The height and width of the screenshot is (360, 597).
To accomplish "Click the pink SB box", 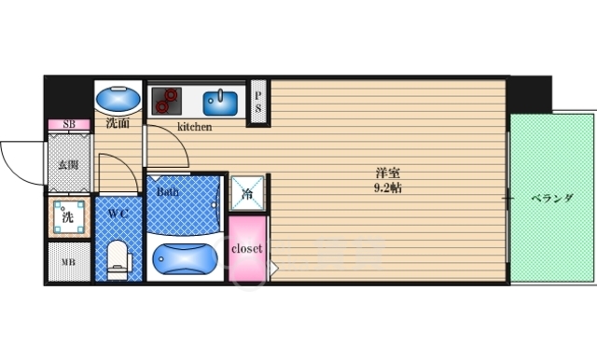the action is [69, 124].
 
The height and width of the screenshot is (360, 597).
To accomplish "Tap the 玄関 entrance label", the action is [68, 165].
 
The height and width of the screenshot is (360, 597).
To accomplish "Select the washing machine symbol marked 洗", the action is [69, 217].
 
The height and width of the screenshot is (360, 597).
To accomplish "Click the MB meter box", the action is [69, 262].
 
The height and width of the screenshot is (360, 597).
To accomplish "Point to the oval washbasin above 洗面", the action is [118, 100].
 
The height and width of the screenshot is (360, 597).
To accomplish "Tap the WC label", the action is [118, 214].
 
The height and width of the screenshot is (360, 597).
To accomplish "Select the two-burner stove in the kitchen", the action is [166, 101].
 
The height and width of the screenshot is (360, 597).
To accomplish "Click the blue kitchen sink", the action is [220, 103].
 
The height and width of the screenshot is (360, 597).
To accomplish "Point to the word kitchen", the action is [195, 127].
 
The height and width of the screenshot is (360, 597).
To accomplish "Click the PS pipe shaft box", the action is [258, 102].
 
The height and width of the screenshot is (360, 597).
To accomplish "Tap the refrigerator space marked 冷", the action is [247, 193].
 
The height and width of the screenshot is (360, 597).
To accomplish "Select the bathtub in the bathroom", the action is [185, 258].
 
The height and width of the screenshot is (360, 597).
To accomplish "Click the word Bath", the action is [168, 191].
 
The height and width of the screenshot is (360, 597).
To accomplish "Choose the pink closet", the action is [247, 249].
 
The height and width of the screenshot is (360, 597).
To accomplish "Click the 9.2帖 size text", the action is [388, 188].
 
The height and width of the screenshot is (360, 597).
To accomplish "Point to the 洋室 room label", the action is [388, 173].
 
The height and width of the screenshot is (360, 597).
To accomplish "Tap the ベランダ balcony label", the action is [551, 198].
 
